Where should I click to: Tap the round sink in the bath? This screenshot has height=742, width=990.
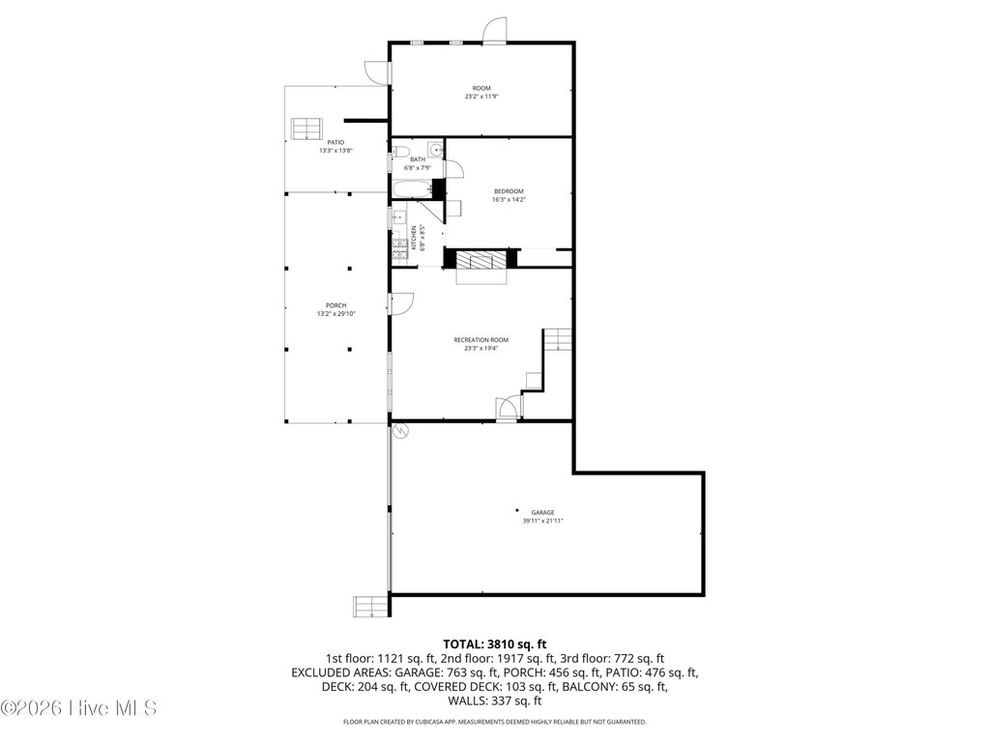pos(436,150)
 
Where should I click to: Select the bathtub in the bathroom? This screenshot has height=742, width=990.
pos(412,188)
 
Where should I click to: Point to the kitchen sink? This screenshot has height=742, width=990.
pos(397,217)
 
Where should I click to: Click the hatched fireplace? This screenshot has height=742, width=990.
pos(481,259)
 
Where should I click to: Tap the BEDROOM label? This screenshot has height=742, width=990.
pos(509,191)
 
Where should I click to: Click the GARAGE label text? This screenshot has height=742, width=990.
pos(542,512)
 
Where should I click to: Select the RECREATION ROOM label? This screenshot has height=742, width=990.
pos(481,340)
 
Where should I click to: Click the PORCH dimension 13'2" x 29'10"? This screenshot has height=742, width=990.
pos(336,314)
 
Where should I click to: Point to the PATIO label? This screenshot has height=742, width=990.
pos(335,143)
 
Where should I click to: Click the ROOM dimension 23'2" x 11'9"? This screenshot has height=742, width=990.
pos(481,97)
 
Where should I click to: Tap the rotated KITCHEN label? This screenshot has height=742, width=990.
pos(414,238)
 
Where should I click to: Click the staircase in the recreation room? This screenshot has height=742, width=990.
pos(558,339)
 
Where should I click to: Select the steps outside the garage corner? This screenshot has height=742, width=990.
pos(370,607)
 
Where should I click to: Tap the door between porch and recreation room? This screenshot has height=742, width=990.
pos(401,303)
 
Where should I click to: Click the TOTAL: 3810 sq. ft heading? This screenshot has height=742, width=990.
pos(494,644)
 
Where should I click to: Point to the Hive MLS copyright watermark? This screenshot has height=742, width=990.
pos(78,708)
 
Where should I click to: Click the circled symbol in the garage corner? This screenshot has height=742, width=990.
pos(399,431)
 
